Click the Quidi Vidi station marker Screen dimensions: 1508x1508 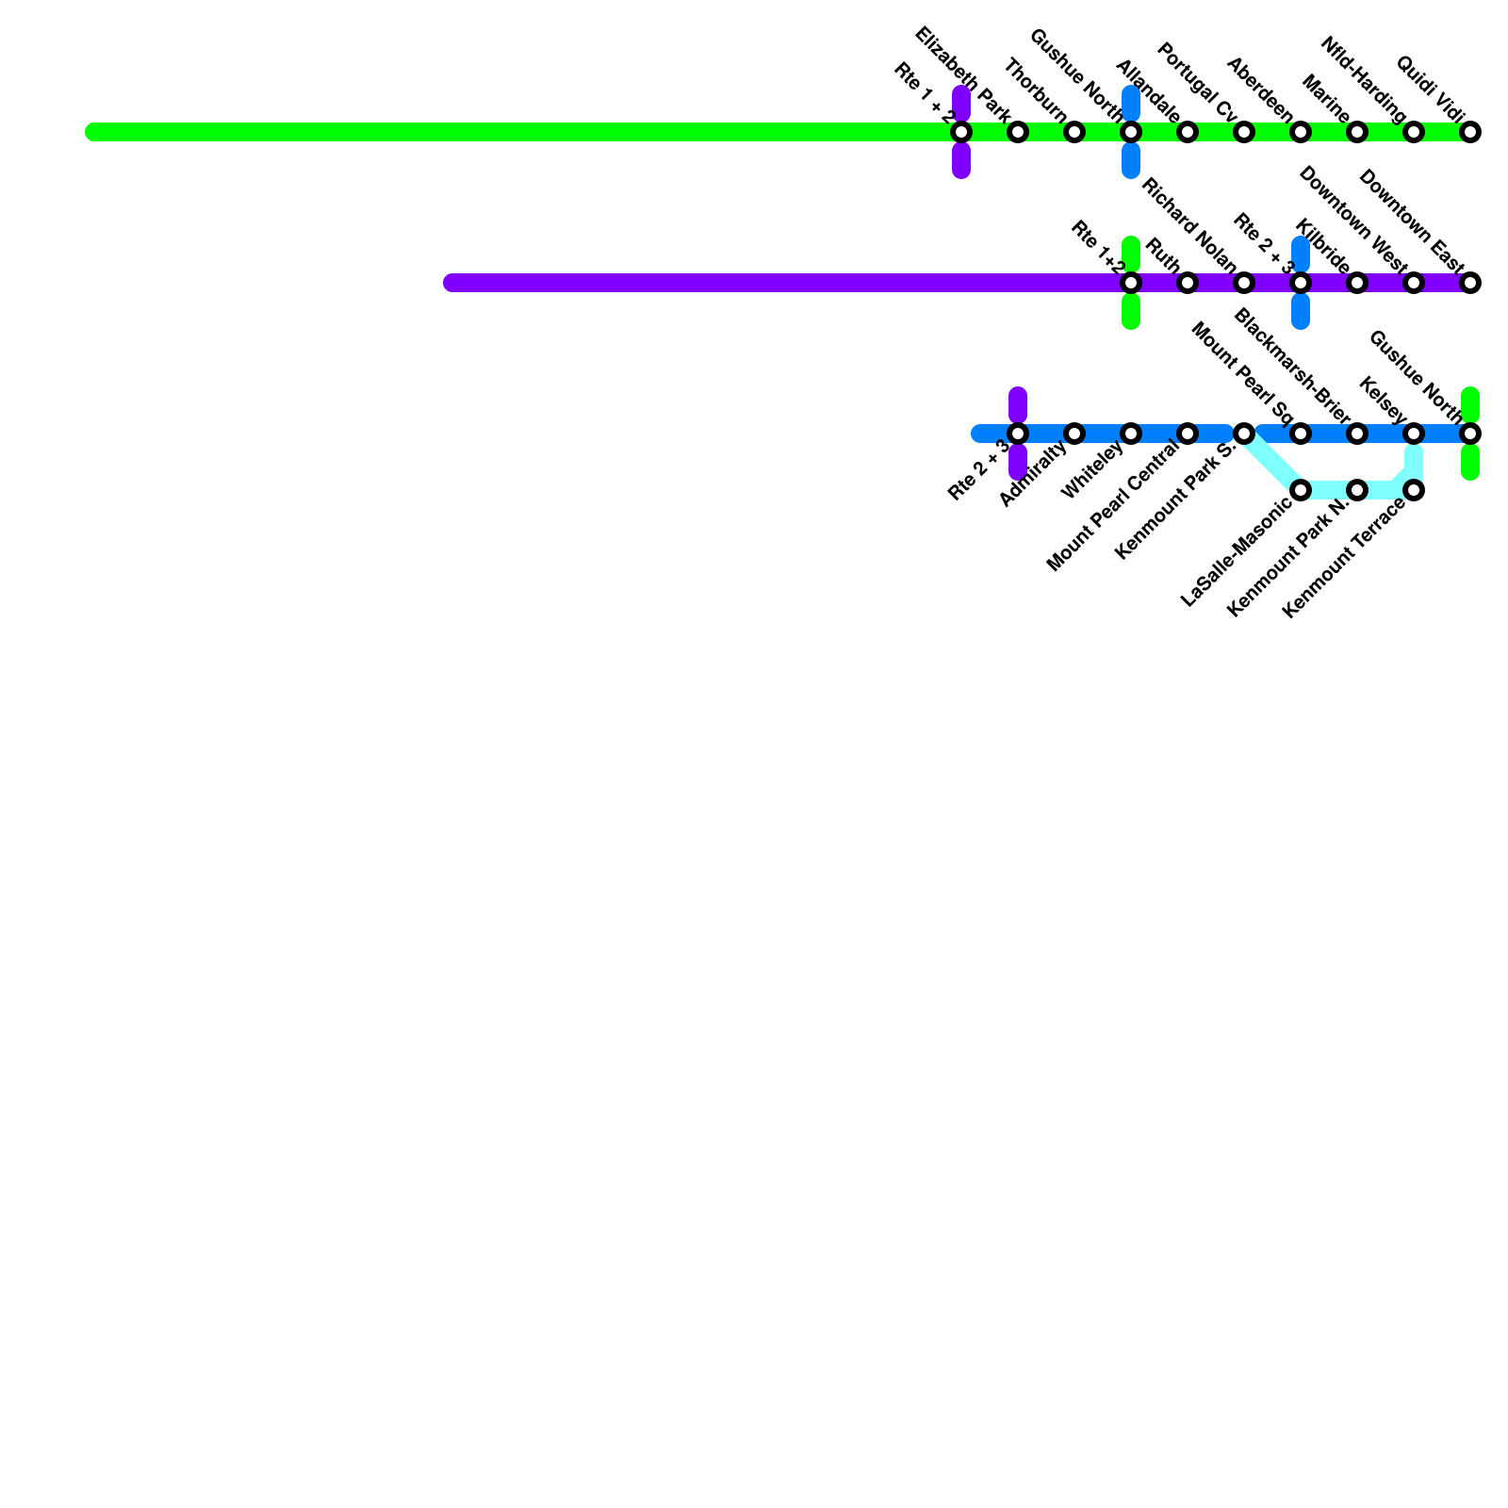tap(1470, 132)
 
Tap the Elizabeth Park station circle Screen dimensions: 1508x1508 tap(1018, 132)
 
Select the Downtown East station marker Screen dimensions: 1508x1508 tap(1470, 283)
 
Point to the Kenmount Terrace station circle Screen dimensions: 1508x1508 tap(1414, 490)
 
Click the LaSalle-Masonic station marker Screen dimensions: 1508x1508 tap(1301, 490)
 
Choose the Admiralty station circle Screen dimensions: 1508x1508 tap(1074, 434)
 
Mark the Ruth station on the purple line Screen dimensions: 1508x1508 tap(1188, 283)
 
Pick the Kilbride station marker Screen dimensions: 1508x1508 tap(1357, 283)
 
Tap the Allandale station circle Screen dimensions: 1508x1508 tap(1188, 132)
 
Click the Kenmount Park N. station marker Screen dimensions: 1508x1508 tap(1357, 490)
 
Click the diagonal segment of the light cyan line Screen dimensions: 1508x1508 tap(1272, 462)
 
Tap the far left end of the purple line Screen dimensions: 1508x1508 tap(451, 283)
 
